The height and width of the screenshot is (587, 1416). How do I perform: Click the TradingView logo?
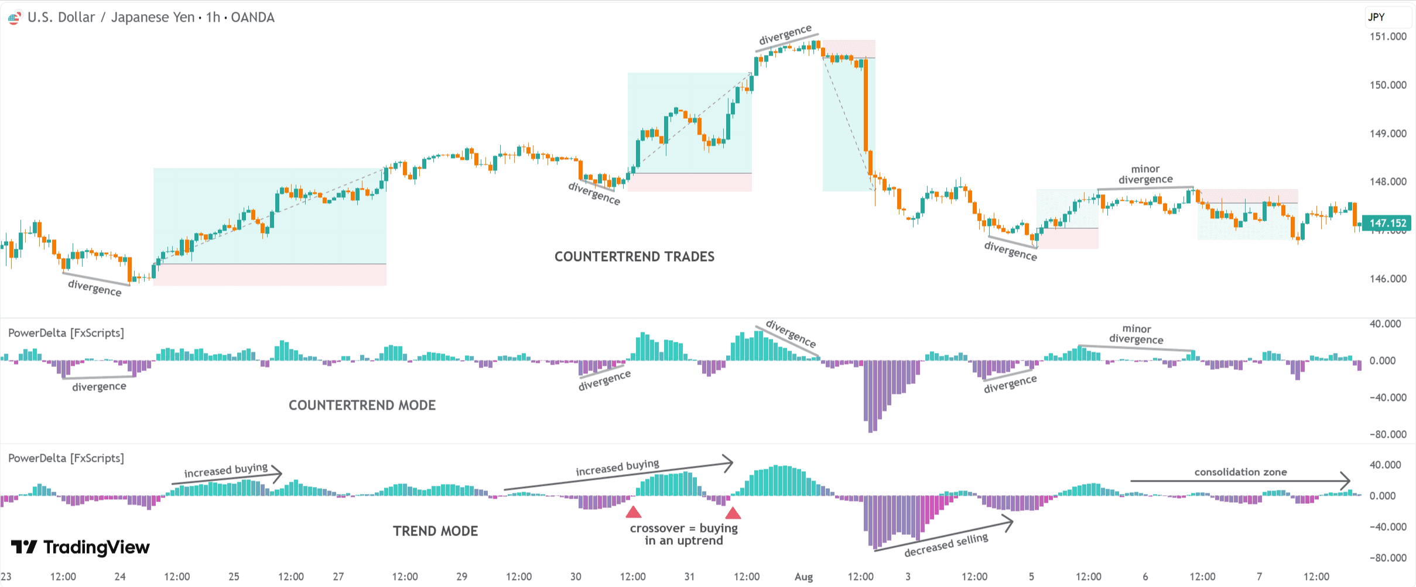[x=80, y=547]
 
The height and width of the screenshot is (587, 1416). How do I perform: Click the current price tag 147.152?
[x=1387, y=223]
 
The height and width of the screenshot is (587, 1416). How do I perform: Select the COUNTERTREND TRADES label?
[x=634, y=256]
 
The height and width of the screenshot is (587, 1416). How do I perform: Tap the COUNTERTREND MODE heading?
[x=362, y=405]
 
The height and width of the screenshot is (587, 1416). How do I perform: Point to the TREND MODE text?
[x=435, y=531]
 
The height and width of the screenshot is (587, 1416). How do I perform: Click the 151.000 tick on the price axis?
[x=1387, y=36]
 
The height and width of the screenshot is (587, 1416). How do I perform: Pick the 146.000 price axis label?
[x=1387, y=279]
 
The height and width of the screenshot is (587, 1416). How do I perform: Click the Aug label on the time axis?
[x=803, y=576]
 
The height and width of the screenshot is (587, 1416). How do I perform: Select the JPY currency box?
[x=1377, y=17]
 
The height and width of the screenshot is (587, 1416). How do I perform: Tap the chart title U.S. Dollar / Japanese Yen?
[x=111, y=17]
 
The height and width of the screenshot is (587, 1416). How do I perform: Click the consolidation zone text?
[x=1240, y=472]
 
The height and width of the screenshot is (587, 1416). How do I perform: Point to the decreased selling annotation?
[x=946, y=545]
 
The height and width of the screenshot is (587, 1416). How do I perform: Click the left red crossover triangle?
[x=633, y=513]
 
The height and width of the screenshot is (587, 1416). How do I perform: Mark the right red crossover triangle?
[x=733, y=513]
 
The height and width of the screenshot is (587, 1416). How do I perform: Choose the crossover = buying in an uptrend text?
[x=683, y=534]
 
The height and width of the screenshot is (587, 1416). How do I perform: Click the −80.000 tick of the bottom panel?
[x=1387, y=558]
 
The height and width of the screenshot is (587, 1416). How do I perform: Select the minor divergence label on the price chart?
[x=1145, y=174]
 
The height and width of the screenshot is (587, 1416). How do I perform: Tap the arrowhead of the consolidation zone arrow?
[x=1347, y=481]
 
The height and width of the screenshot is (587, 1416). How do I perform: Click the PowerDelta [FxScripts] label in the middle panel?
[x=66, y=333]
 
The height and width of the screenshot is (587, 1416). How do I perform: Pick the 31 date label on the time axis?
[x=689, y=576]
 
